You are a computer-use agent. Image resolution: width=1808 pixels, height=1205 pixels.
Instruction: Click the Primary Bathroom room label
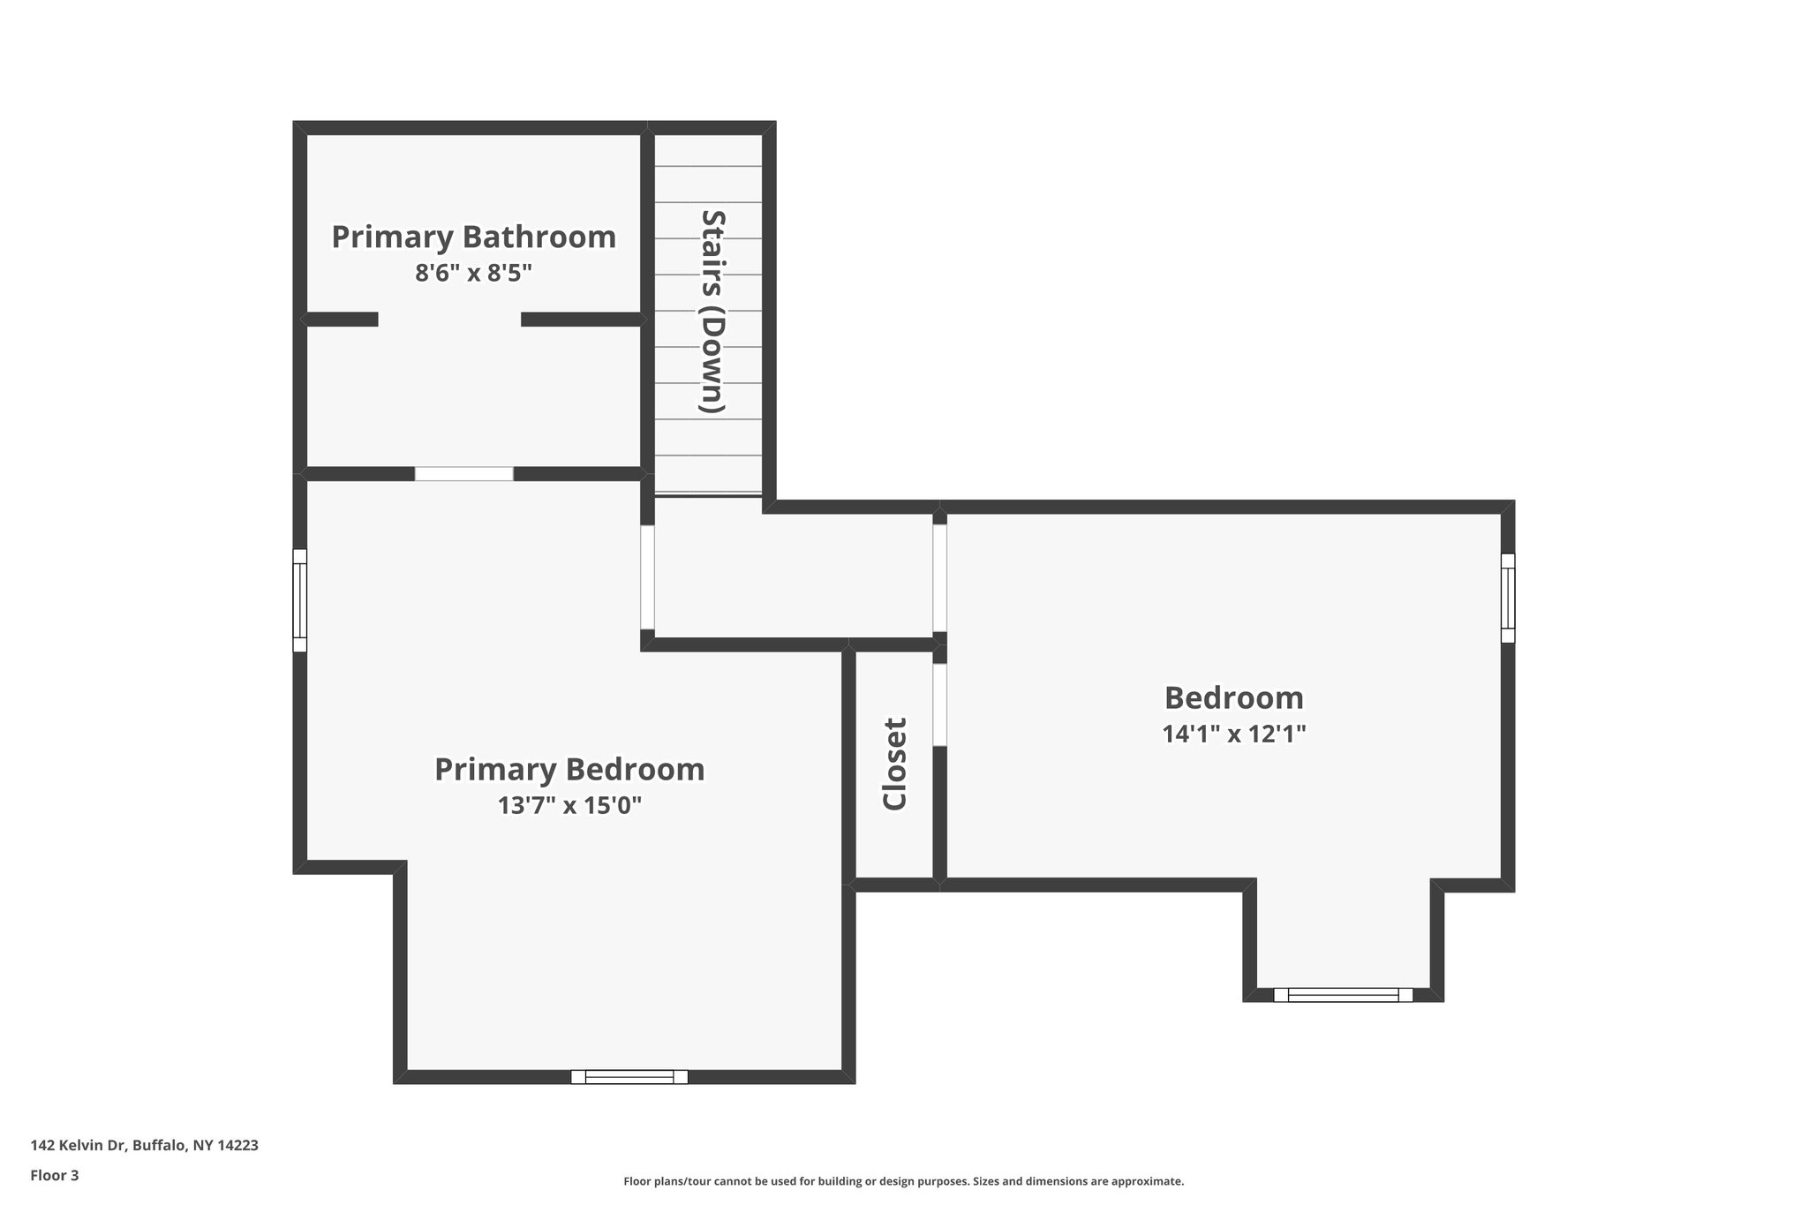click(473, 237)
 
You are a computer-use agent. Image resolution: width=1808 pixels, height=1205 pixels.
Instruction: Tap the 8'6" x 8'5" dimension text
click(473, 273)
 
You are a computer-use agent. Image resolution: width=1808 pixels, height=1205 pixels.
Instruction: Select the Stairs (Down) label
click(712, 311)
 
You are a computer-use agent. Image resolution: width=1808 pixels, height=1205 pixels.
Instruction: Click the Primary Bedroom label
click(569, 769)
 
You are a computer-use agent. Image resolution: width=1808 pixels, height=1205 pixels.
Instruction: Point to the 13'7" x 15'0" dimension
click(569, 806)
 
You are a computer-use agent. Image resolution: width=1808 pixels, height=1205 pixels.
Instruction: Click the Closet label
click(894, 764)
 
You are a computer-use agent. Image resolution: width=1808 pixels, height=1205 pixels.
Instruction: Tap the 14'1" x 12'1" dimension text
click(1233, 734)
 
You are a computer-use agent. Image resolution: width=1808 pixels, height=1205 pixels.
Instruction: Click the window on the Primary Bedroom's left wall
click(299, 600)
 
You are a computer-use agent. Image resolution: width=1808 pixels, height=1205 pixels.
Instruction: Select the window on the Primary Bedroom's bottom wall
click(629, 1076)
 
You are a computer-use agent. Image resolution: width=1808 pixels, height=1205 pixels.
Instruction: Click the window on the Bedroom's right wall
click(1508, 598)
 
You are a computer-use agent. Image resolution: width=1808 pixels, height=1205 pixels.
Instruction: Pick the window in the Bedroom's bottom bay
click(1343, 995)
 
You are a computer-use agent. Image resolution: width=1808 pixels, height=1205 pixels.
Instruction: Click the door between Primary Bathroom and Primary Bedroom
click(464, 474)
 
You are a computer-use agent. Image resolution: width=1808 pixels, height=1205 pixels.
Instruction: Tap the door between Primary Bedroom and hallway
click(648, 576)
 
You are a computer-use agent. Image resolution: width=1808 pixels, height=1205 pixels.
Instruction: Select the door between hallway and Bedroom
click(940, 578)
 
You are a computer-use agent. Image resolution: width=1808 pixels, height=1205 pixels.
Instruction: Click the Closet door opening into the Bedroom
click(940, 704)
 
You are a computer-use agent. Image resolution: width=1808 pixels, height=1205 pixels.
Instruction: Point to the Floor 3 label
click(55, 1176)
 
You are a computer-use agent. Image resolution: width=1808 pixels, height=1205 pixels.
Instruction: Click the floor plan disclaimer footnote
click(903, 1181)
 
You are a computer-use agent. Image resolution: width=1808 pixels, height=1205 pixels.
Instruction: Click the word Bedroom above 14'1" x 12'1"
click(1233, 698)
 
